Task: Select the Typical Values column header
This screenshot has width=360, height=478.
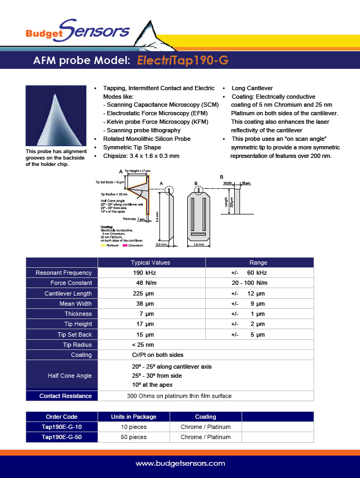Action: [x=150, y=262]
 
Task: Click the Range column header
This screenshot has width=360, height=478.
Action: [x=258, y=262]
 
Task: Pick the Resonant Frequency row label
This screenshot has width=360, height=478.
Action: [x=63, y=273]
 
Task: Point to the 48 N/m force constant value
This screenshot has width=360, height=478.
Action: [x=146, y=283]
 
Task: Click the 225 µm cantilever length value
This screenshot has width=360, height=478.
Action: [x=143, y=293]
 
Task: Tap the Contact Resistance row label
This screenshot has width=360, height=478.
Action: [x=66, y=396]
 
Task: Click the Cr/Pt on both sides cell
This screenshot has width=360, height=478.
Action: [x=157, y=355]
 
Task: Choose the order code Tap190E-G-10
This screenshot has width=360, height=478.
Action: [x=62, y=427]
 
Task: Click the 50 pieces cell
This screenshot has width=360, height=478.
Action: [x=133, y=437]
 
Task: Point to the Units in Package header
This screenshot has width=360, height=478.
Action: [x=133, y=417]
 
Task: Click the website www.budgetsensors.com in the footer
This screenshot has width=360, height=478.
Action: [x=180, y=464]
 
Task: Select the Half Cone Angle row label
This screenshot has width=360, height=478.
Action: [x=70, y=376]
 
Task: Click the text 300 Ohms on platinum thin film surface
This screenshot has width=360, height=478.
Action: [x=179, y=396]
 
